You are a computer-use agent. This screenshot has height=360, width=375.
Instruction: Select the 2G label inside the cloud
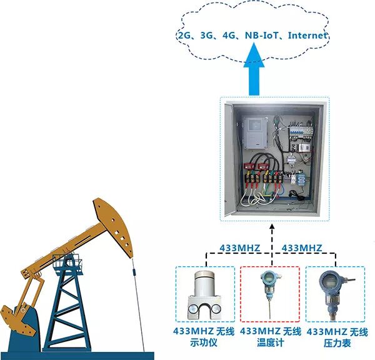[184, 36]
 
